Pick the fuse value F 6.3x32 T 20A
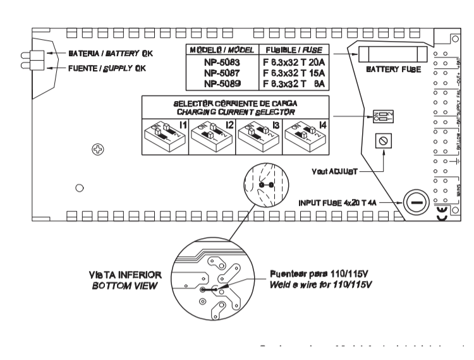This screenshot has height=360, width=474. coord(293,62)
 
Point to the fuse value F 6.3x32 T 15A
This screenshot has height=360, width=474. coord(293,73)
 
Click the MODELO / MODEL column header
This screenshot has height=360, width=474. coord(222,49)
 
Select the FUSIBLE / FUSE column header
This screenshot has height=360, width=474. coord(293,49)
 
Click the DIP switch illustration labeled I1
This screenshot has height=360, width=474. coord(163,135)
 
